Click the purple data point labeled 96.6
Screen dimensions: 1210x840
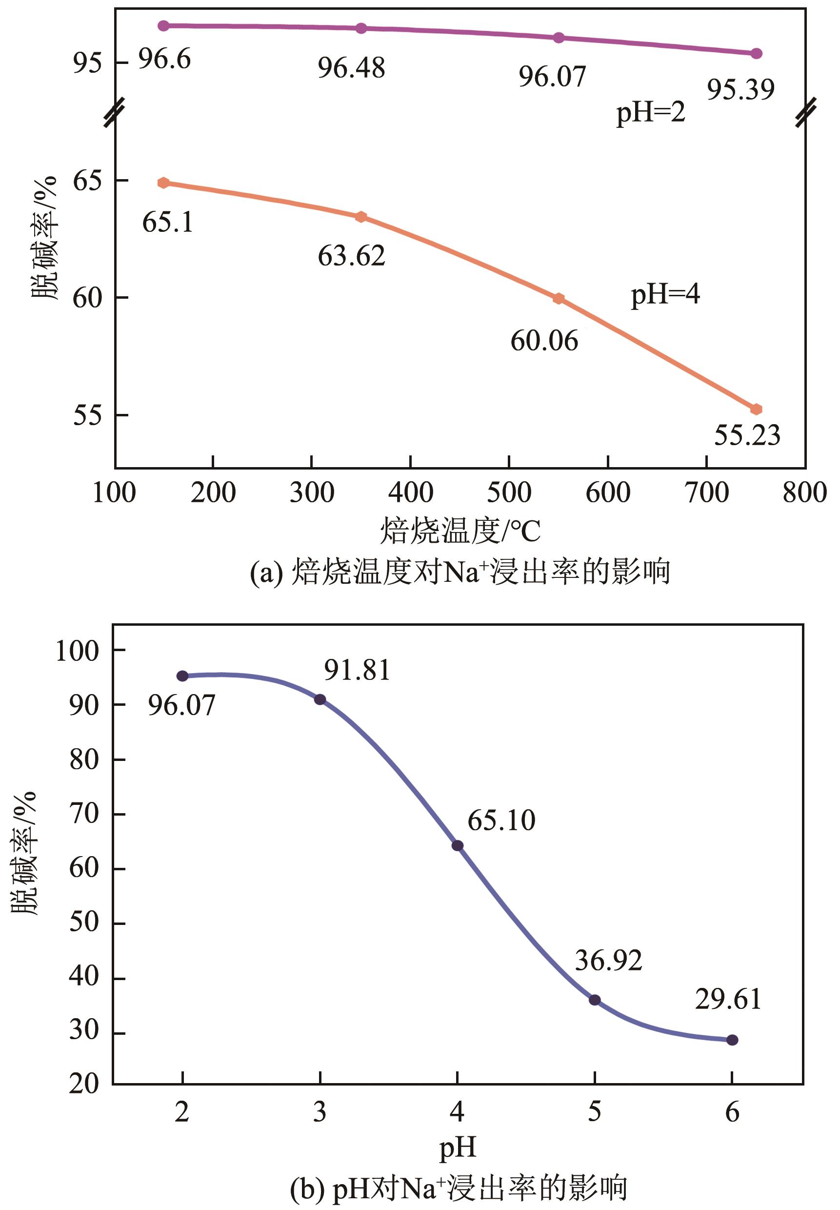tap(164, 26)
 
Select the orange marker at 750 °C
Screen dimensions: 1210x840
tap(756, 409)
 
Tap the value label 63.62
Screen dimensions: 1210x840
tap(352, 256)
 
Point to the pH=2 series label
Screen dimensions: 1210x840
tap(651, 112)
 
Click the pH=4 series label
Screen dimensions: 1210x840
tap(665, 294)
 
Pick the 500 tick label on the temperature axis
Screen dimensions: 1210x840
tap(509, 493)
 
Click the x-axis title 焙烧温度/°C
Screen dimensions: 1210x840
tap(460, 530)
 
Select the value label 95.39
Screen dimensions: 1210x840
tap(740, 89)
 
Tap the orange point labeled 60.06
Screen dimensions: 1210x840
tap(559, 299)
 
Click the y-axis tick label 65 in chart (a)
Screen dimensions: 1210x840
tap(87, 181)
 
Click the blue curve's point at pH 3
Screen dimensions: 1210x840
tap(320, 699)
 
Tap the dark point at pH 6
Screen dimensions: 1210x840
tap(732, 1040)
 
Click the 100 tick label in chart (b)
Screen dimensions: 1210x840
tap(78, 651)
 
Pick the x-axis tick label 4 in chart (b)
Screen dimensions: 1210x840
tap(457, 1112)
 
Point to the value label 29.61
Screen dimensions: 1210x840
tap(728, 999)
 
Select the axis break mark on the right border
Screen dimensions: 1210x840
tap(806, 112)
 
